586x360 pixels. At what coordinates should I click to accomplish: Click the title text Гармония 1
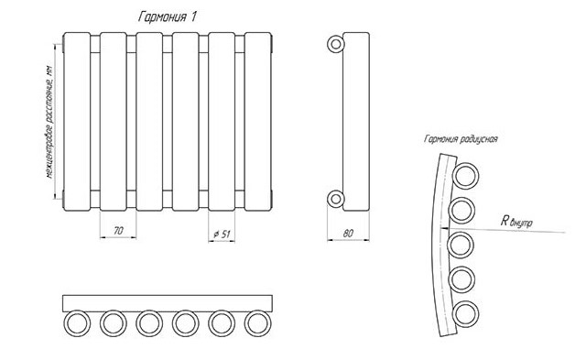point(167,16)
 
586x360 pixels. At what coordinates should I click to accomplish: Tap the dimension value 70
point(118,231)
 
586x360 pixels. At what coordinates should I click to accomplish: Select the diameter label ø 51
point(222,235)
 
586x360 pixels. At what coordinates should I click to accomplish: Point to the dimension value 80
point(348,234)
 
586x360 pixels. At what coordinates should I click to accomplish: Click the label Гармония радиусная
point(461,139)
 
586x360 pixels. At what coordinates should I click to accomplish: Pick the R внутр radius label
point(516,222)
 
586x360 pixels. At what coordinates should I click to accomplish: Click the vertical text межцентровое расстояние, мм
point(49,122)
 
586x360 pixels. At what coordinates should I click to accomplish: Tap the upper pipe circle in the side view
point(336,44)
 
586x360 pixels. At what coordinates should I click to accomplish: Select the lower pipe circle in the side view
point(336,199)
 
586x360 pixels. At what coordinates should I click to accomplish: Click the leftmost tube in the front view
point(77,122)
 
